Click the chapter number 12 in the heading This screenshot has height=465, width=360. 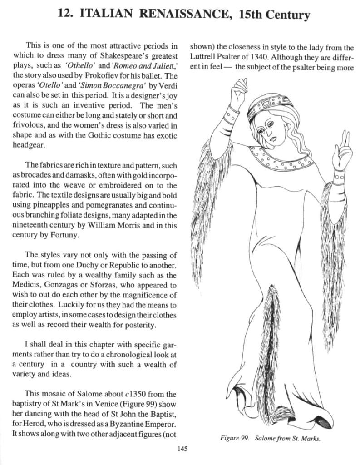(x=65, y=14)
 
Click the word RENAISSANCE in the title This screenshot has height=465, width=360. (x=182, y=14)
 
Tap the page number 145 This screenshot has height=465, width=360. (x=182, y=449)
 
